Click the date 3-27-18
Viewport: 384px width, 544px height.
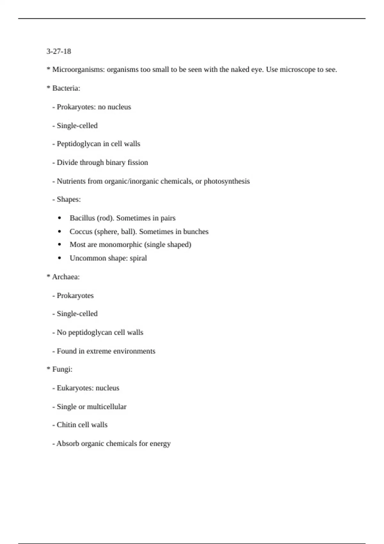59,51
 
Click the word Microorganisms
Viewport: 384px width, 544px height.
78,69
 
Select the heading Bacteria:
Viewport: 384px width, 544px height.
66,88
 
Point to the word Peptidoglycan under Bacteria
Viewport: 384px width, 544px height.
79,144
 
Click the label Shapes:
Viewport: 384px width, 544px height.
68,199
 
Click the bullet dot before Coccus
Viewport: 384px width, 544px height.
60,232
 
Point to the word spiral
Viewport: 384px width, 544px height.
138,258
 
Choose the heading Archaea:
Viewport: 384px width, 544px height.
66,277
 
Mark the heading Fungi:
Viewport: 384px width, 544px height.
62,369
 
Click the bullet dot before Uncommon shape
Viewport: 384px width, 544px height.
60,258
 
